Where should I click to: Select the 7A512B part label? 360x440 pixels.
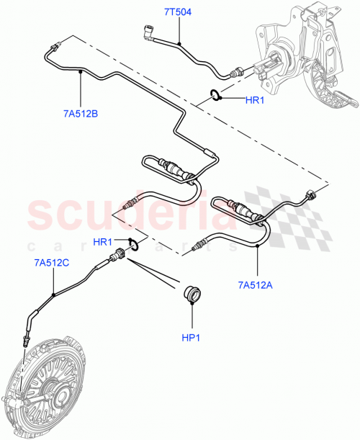pos(80,113)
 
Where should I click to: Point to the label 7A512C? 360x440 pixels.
pos(52,264)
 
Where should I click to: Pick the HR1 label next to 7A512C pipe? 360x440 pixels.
pos(102,241)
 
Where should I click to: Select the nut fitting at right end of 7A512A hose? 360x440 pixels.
pos(312,194)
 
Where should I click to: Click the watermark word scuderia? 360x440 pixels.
pos(144,215)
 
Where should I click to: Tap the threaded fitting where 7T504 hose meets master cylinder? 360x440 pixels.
pos(235,72)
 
